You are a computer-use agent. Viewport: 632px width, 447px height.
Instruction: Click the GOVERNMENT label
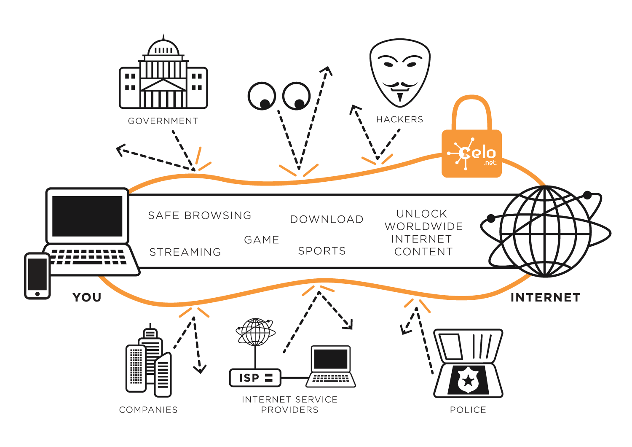click(x=163, y=121)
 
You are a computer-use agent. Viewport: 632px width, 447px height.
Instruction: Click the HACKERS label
click(x=399, y=120)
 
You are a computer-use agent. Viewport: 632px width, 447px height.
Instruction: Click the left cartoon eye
click(x=262, y=96)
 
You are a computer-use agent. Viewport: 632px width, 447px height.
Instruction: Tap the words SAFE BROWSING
click(x=199, y=215)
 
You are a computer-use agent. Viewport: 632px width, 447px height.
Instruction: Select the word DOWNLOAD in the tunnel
click(x=327, y=219)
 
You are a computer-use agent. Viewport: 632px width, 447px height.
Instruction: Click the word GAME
click(x=262, y=240)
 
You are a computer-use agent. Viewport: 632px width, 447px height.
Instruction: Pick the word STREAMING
click(x=185, y=252)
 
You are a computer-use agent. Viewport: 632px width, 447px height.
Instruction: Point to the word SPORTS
click(x=322, y=251)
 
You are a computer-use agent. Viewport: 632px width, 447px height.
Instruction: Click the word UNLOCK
click(x=421, y=214)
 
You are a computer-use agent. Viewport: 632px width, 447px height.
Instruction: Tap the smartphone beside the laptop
click(x=37, y=276)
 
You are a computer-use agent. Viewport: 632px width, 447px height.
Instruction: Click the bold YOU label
click(x=87, y=297)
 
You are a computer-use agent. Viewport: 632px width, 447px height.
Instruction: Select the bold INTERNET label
click(x=545, y=298)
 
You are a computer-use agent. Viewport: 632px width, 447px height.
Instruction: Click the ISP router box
click(x=255, y=377)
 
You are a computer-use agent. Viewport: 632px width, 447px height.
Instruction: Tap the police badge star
click(x=468, y=380)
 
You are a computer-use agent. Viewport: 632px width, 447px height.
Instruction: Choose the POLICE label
click(x=468, y=410)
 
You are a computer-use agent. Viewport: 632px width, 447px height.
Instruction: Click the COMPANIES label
click(x=148, y=410)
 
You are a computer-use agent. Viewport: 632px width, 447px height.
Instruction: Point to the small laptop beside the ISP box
click(x=331, y=366)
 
